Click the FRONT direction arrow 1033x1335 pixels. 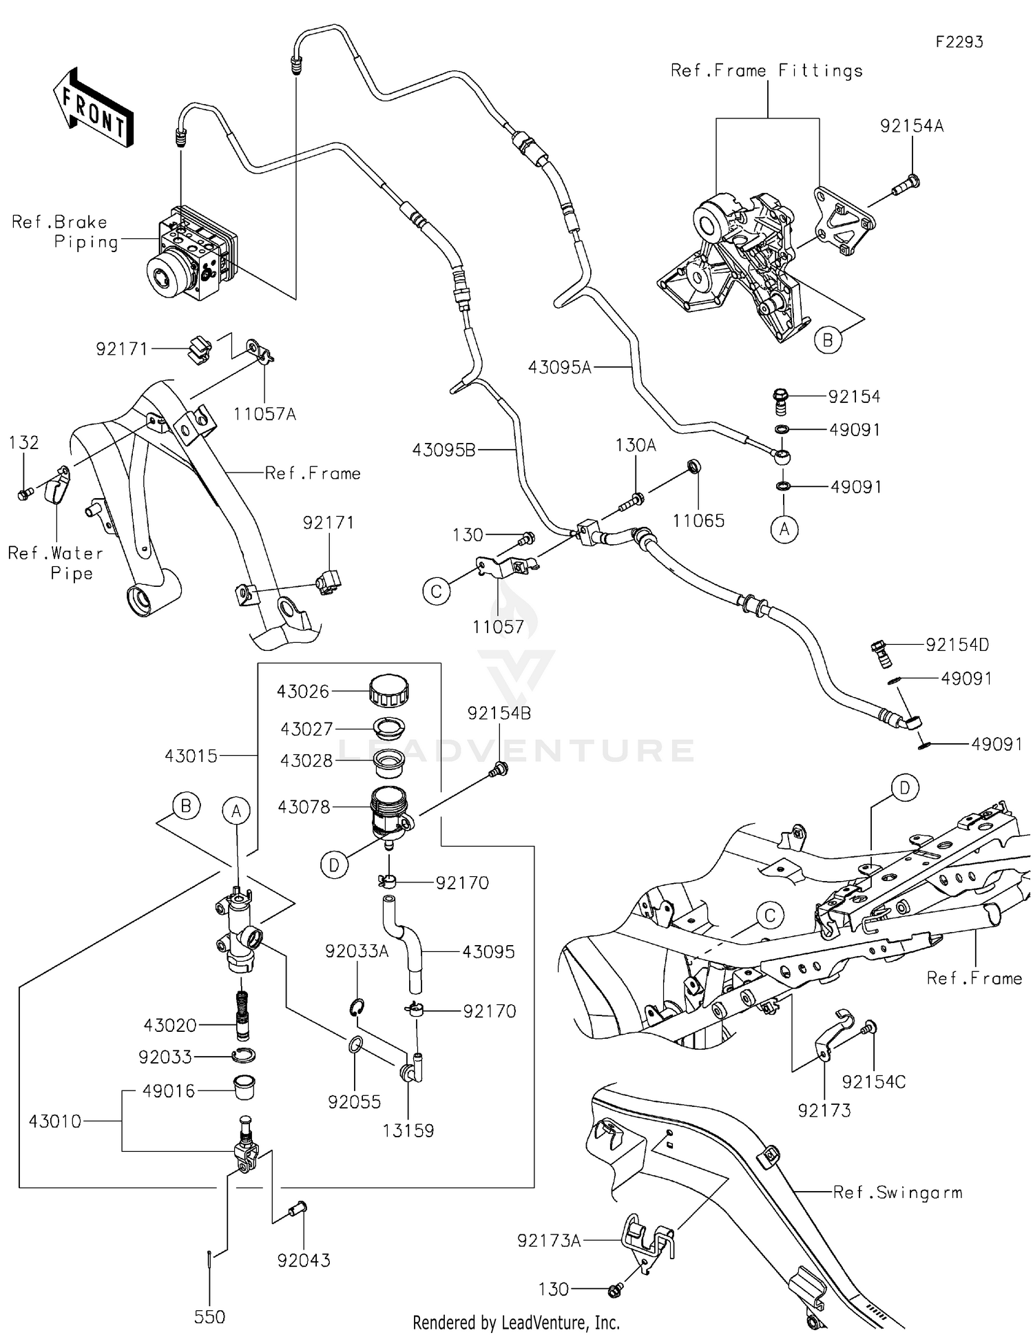pyautogui.click(x=93, y=108)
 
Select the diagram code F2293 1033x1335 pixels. pyautogui.click(x=959, y=42)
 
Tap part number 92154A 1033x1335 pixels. pyautogui.click(x=912, y=126)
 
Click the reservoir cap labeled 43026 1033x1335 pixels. pyautogui.click(x=389, y=690)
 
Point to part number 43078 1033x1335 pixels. pyautogui.click(x=303, y=807)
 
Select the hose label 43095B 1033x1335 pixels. pyautogui.click(x=444, y=450)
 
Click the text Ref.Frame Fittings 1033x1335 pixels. pyautogui.click(x=766, y=70)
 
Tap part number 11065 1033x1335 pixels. pyautogui.click(x=698, y=521)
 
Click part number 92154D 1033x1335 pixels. pyautogui.click(x=957, y=645)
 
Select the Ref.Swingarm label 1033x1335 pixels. pyautogui.click(x=897, y=1192)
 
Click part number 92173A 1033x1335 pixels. pyautogui.click(x=549, y=1241)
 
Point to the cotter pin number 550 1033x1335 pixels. pyautogui.click(x=209, y=1316)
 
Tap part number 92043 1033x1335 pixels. pyautogui.click(x=304, y=1260)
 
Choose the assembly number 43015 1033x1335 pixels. pyautogui.click(x=191, y=756)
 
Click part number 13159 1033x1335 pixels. pyautogui.click(x=408, y=1130)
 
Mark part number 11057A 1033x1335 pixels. pyautogui.click(x=264, y=414)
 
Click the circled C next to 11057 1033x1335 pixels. pyautogui.click(x=437, y=591)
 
